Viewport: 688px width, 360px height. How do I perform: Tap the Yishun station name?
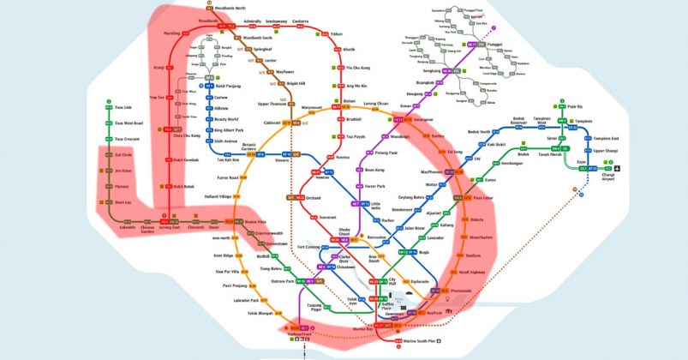(336, 33)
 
